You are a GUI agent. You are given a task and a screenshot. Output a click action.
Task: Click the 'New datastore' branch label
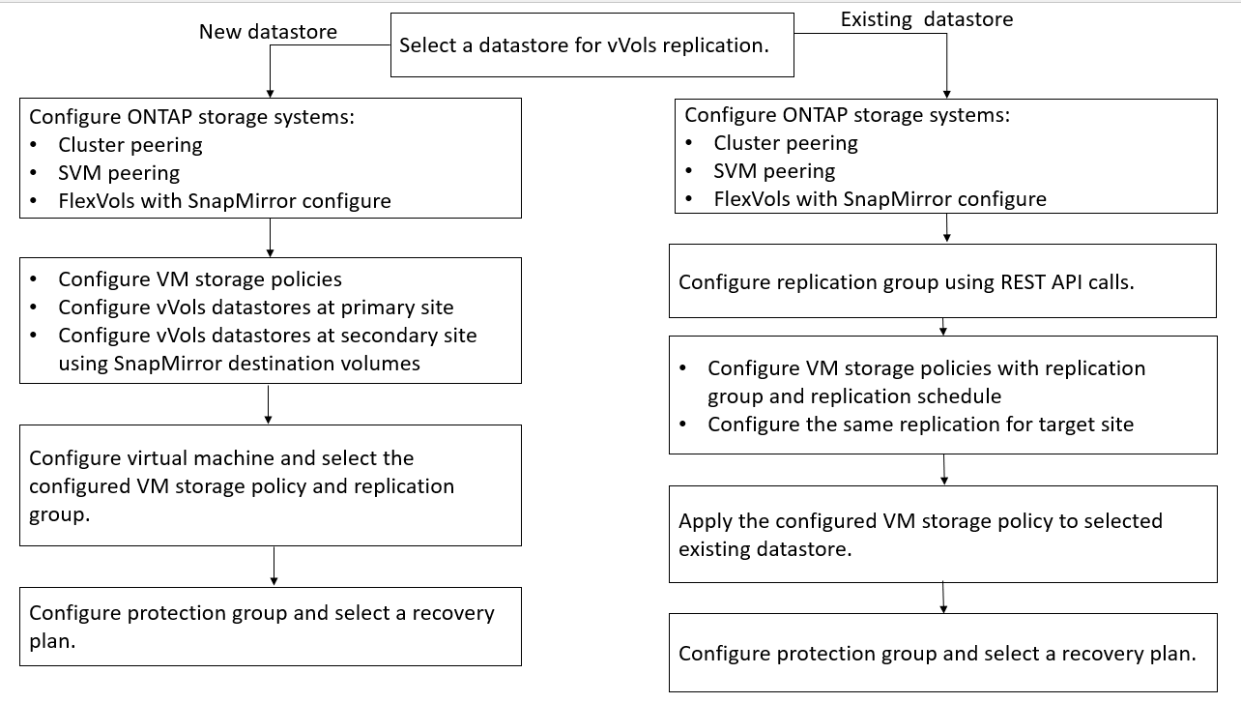pyautogui.click(x=268, y=32)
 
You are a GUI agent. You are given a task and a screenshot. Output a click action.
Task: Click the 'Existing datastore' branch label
pyautogui.click(x=926, y=19)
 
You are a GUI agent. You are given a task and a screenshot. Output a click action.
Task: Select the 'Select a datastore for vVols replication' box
pyautogui.click(x=592, y=44)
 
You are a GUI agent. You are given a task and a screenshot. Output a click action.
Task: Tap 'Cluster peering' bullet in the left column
pyautogui.click(x=130, y=145)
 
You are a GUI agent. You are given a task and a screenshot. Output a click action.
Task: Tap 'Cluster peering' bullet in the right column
pyautogui.click(x=785, y=143)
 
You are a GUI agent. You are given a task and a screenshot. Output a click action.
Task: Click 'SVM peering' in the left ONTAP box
pyautogui.click(x=118, y=173)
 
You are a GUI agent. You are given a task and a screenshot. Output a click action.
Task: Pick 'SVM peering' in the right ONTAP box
pyautogui.click(x=773, y=171)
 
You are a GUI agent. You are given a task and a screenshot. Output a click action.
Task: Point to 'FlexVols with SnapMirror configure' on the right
pyautogui.click(x=880, y=199)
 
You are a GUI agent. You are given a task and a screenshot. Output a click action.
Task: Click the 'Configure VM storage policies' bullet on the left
pyautogui.click(x=199, y=279)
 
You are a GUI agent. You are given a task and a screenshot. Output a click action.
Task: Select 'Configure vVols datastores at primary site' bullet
pyautogui.click(x=255, y=308)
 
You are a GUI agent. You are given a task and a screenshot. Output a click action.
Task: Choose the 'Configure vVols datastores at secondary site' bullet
pyautogui.click(x=267, y=336)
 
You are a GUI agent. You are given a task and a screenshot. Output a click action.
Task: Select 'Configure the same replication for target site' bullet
pyautogui.click(x=920, y=425)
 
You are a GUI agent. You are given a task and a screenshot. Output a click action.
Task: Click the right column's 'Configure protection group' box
pyautogui.click(x=942, y=653)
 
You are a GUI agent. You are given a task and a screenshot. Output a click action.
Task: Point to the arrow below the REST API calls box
pyautogui.click(x=943, y=327)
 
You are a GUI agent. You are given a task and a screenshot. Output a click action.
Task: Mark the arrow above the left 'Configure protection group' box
pyautogui.click(x=274, y=567)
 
